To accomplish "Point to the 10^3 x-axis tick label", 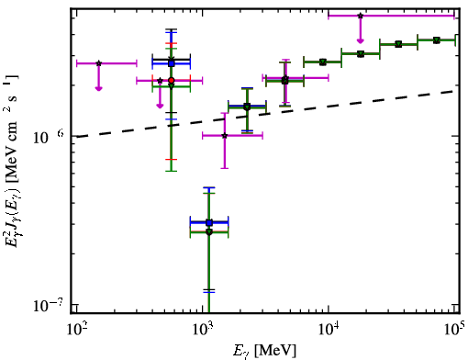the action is tap(202, 331).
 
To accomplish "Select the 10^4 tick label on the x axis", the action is tap(329, 331).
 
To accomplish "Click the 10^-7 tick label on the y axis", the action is tap(47, 305).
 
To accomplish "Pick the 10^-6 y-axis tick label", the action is tap(49, 137).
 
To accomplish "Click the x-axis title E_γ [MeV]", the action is tap(264, 351).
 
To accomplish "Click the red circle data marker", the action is tap(172, 80).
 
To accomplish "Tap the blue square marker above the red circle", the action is tap(172, 63).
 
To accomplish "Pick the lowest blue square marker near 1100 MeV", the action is tap(209, 222).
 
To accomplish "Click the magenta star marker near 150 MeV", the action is tap(98, 63).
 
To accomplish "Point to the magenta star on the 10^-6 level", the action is tap(225, 135).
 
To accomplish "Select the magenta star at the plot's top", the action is tap(361, 16).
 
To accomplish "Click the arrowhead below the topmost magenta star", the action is tap(361, 40).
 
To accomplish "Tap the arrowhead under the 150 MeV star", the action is tap(98, 88).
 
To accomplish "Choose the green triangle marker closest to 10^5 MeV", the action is tap(437, 40).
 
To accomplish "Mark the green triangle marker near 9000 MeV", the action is tap(323, 62).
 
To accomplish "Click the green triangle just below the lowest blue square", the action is tap(209, 232).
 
